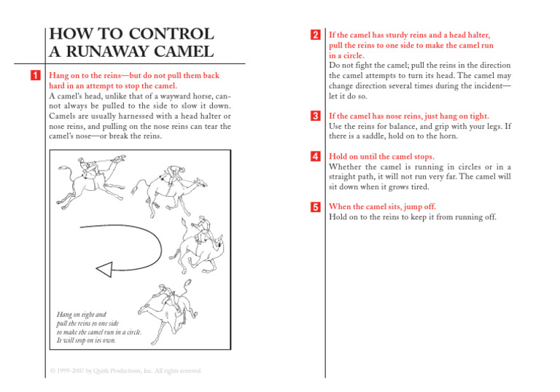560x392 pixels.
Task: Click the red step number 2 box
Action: pyautogui.click(x=314, y=35)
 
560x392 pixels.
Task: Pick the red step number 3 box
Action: pyautogui.click(x=314, y=116)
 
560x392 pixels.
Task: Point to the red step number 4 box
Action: pyautogui.click(x=314, y=156)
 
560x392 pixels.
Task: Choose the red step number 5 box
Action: pyautogui.click(x=314, y=207)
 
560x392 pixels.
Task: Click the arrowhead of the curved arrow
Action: pyautogui.click(x=105, y=270)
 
